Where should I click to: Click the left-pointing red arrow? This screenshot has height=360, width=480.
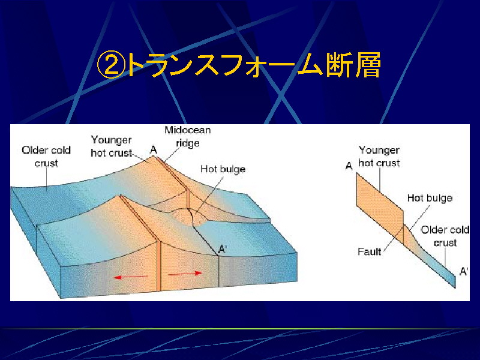(x=130, y=277)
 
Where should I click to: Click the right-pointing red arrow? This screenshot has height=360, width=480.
(x=185, y=274)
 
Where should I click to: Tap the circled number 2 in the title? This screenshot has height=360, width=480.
(x=111, y=65)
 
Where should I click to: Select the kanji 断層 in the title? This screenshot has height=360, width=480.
(x=353, y=65)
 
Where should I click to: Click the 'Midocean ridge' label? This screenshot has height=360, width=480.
(x=188, y=137)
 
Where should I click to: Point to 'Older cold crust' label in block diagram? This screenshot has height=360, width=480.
(x=46, y=157)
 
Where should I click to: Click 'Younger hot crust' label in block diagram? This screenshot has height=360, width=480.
(x=112, y=146)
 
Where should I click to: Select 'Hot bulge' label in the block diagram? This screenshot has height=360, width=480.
(x=223, y=169)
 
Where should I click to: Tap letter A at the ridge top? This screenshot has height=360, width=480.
(x=154, y=149)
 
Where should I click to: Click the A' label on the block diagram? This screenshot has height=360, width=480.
(x=222, y=250)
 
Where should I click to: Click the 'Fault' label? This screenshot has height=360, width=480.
(x=369, y=251)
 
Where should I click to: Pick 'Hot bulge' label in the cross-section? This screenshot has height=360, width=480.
(x=430, y=198)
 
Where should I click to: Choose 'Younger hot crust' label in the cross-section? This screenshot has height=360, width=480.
(x=379, y=157)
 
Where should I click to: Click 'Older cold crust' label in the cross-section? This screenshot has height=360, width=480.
(x=445, y=236)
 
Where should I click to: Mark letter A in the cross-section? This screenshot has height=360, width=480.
(x=349, y=166)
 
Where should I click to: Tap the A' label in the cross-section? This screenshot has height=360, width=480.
(x=464, y=271)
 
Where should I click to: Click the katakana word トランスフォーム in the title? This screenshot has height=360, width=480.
(x=224, y=65)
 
